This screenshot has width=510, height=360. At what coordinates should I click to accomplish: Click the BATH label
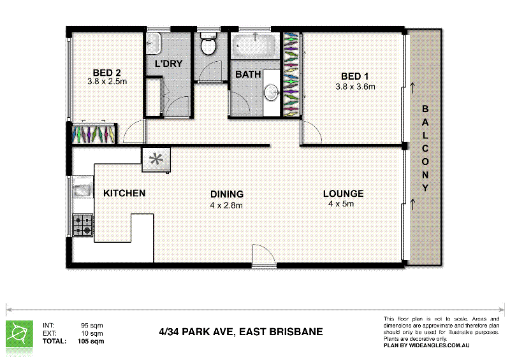[248, 75]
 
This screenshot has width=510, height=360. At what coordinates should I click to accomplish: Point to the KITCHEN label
[124, 193]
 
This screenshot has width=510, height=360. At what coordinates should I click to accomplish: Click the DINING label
[226, 194]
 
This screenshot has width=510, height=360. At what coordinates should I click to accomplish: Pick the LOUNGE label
[343, 194]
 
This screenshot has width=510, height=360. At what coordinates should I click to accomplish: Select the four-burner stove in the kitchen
[82, 225]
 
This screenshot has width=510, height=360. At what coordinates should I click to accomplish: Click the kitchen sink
[80, 191]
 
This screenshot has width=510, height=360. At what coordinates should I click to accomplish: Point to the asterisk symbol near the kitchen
[156, 160]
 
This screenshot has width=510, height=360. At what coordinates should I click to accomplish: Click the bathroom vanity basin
[272, 92]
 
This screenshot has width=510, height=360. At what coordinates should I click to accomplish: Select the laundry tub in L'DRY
[154, 45]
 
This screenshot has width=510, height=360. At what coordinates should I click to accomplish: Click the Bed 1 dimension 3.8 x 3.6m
[355, 86]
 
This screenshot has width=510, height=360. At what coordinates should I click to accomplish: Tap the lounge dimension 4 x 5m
[341, 204]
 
